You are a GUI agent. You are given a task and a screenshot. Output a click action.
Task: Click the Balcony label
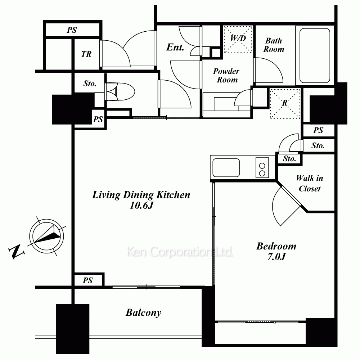coord(144,313)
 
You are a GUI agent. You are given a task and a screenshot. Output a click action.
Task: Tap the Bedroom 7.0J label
coord(276,251)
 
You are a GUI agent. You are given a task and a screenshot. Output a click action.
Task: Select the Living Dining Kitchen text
coord(141,195)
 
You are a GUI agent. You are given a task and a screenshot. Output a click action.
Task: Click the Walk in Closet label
coord(310,183)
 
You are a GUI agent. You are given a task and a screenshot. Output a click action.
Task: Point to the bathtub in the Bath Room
coord(315,55)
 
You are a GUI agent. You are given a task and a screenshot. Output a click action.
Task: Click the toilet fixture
coord(120,91)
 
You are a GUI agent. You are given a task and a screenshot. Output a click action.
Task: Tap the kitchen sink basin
coord(226,168)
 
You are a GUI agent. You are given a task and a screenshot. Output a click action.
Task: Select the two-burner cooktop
coord(262,168)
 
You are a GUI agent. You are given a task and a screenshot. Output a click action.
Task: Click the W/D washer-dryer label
coord(238,39)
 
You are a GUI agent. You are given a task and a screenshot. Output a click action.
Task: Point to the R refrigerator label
coord(285,103)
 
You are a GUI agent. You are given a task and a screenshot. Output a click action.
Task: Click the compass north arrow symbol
coord(46,236)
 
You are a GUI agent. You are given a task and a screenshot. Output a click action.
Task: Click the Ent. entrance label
coord(175,47)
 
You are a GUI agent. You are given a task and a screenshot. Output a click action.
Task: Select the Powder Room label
coord(226,75)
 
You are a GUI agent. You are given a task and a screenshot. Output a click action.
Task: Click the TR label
coord(86,54)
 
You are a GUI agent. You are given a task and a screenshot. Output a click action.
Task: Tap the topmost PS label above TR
coord(72,30)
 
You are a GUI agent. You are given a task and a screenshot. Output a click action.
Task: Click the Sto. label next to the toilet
coord(90,84)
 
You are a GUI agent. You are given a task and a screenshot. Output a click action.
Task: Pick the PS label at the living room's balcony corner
coord(88,280)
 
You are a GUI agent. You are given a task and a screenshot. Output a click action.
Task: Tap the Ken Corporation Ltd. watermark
coord(180,252)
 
